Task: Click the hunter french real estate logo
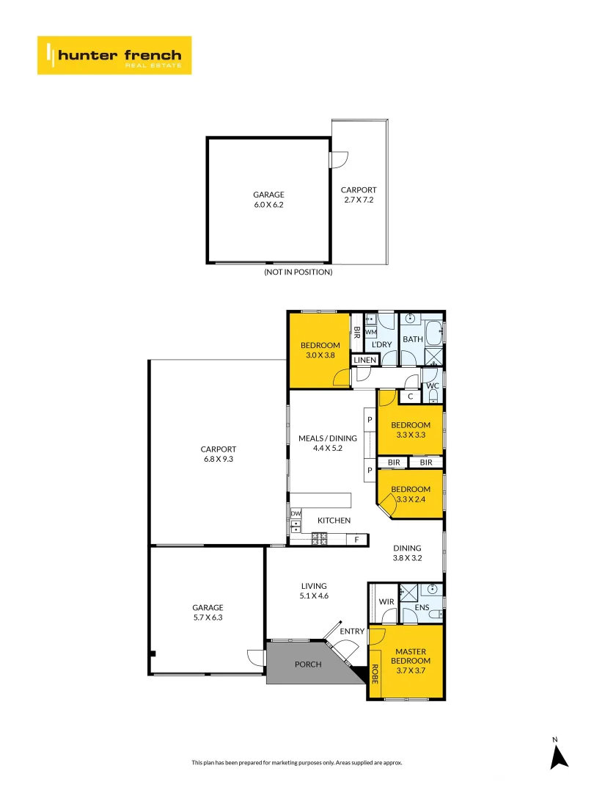(x=114, y=55)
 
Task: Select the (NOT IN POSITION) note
(x=298, y=272)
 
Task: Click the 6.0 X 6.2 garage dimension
(x=268, y=205)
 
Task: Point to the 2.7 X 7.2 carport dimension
(x=359, y=200)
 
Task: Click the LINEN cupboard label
(x=364, y=360)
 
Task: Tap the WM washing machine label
(x=371, y=333)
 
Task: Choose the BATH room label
(x=413, y=339)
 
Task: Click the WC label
(x=433, y=386)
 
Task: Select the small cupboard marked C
(x=411, y=397)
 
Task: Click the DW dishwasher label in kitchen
(x=296, y=514)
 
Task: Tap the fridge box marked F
(x=357, y=540)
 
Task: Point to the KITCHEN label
(x=334, y=521)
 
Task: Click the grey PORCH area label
(x=308, y=665)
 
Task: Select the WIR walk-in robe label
(x=386, y=602)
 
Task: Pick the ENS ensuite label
(x=422, y=607)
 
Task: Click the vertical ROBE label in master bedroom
(x=375, y=674)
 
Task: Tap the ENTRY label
(x=352, y=631)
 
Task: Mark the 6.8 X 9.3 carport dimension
(x=219, y=459)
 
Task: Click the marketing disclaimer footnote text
(x=297, y=763)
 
